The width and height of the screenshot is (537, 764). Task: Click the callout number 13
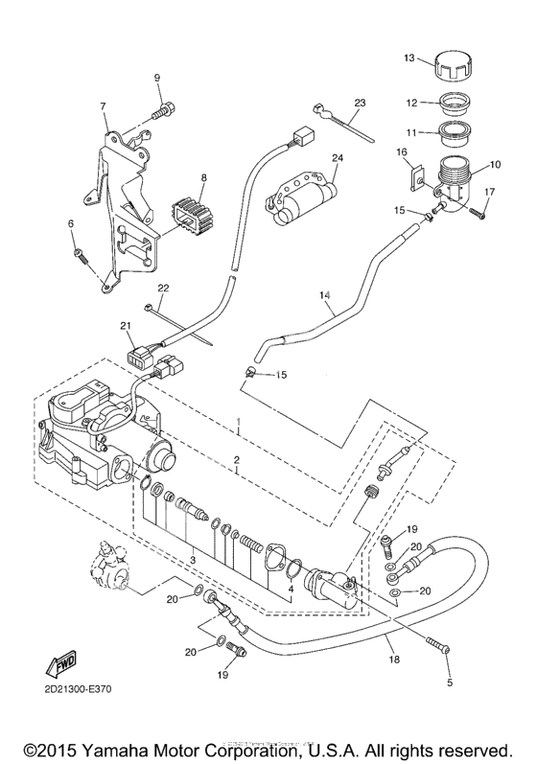(x=409, y=58)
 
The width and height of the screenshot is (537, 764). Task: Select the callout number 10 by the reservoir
(x=496, y=165)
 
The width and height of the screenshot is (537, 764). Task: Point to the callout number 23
(x=360, y=102)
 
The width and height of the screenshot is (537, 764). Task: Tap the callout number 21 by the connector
(x=125, y=327)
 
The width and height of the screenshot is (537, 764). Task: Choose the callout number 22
(x=163, y=288)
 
